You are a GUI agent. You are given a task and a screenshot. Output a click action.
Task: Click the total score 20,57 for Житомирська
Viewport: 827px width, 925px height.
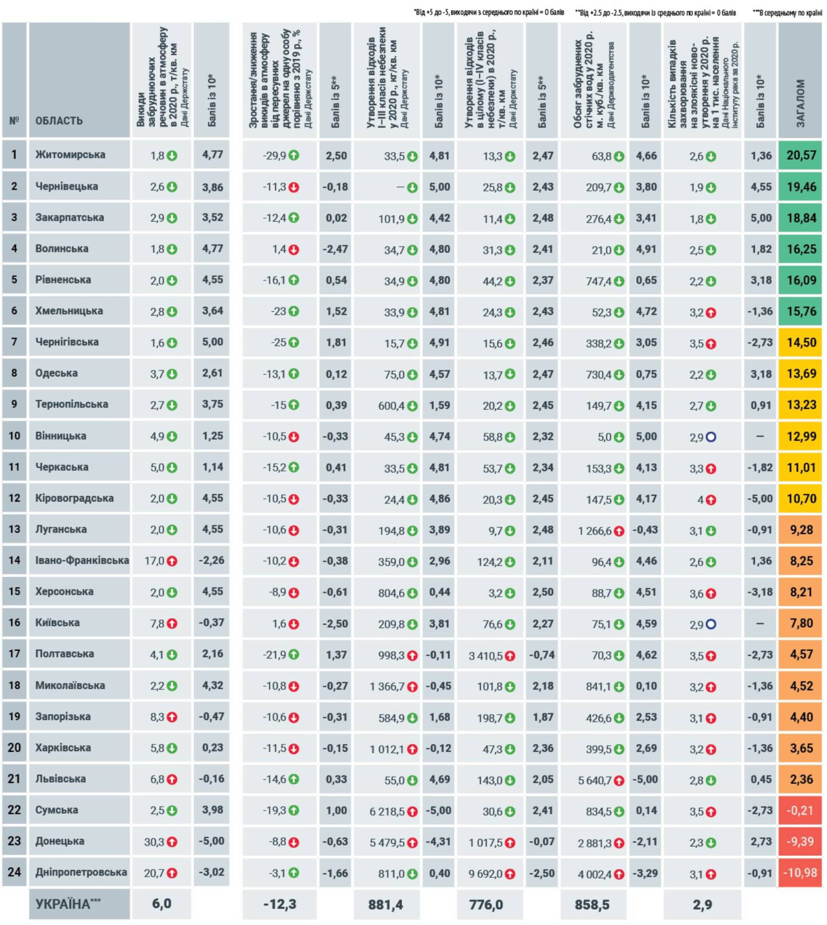point(801,155)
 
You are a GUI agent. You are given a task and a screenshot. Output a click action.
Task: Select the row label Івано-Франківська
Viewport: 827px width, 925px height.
point(82,560)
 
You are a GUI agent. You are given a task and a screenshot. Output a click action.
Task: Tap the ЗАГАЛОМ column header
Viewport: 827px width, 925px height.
point(800,104)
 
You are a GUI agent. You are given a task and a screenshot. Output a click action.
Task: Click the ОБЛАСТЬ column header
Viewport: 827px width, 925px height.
point(59,120)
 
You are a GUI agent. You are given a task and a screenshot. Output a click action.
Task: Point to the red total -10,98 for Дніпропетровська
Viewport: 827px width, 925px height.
point(800,872)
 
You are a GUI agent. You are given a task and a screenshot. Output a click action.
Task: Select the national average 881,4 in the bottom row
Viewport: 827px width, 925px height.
point(386,905)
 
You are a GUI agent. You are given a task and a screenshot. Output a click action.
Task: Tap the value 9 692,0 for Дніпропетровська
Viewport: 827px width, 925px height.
point(486,873)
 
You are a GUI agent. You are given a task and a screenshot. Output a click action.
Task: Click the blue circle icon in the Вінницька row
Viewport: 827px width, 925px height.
point(711,437)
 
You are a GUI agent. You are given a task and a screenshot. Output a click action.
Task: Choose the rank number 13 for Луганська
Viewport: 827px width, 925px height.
point(14,529)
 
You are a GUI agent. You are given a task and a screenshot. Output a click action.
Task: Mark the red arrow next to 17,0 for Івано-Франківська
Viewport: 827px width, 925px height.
point(172,561)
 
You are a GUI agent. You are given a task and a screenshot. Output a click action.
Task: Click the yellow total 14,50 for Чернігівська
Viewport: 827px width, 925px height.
point(801,343)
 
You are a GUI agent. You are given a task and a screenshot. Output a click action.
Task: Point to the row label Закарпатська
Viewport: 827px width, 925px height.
point(69,217)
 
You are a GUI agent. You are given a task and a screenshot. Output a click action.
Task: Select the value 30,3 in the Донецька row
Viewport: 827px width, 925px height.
point(154,842)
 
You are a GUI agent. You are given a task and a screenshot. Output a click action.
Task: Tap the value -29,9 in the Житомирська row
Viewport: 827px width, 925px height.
point(275,156)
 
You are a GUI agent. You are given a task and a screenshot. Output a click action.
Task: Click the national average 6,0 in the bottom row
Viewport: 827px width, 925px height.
point(161,904)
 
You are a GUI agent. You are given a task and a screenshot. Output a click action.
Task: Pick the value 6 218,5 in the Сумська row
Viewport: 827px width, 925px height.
point(387,811)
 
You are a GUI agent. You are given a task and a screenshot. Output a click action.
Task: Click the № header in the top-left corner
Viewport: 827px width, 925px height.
point(14,120)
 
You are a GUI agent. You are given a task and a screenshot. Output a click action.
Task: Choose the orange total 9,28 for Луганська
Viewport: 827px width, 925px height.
point(801,529)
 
